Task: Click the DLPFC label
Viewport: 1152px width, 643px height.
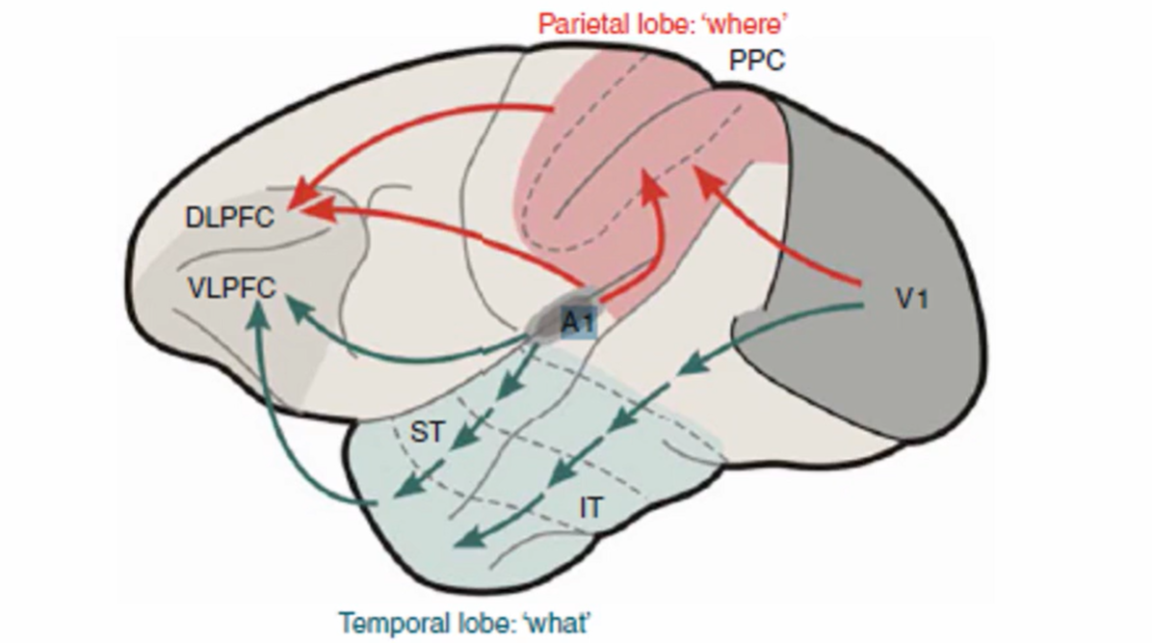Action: pyautogui.click(x=230, y=218)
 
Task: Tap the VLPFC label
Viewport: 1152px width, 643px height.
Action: pyautogui.click(x=230, y=286)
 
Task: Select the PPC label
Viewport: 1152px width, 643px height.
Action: pyautogui.click(x=756, y=61)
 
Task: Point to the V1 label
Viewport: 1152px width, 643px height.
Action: pyautogui.click(x=910, y=300)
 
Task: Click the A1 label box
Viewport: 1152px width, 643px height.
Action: pyautogui.click(x=577, y=325)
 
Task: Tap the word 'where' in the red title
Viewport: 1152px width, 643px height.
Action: pyautogui.click(x=743, y=20)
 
